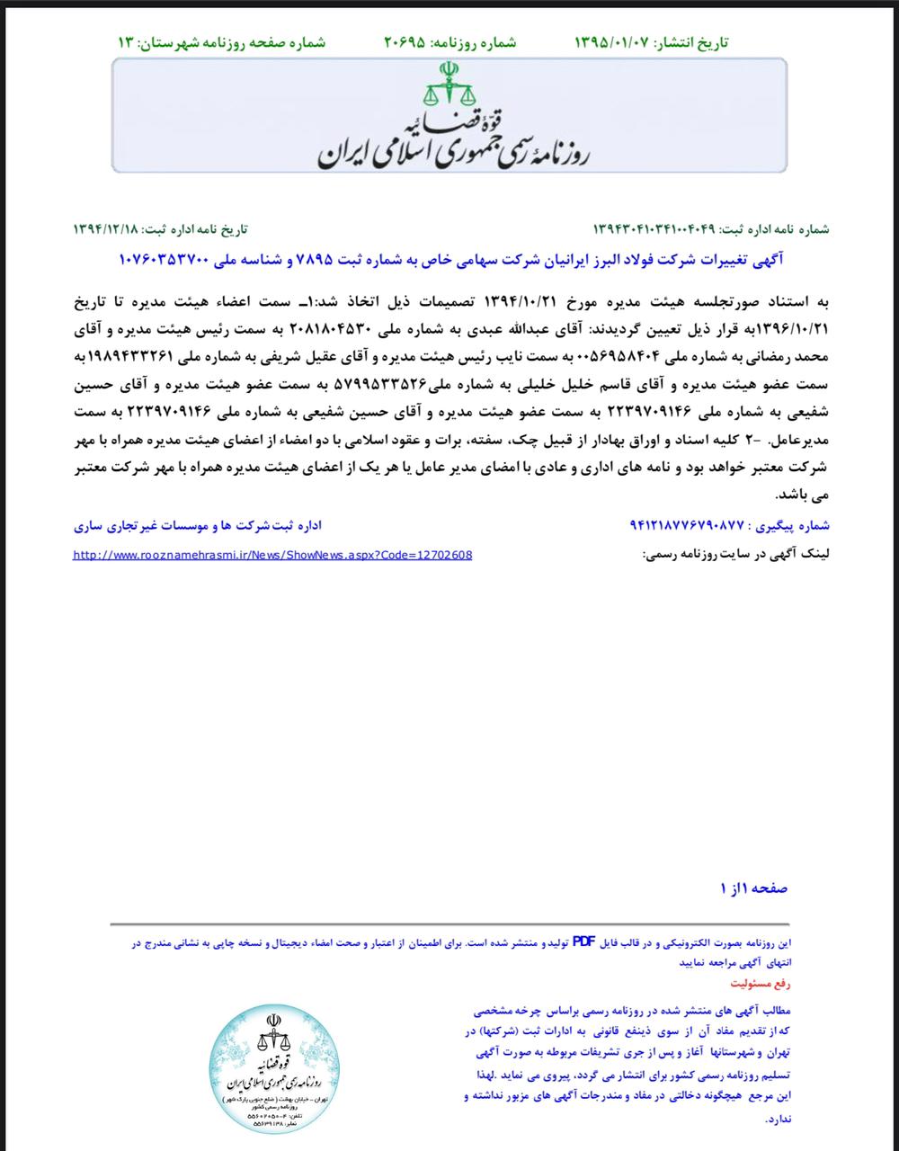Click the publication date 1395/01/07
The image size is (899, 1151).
[x=611, y=43]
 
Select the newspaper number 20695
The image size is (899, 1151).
[x=408, y=43]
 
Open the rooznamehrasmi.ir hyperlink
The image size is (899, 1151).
[x=273, y=555]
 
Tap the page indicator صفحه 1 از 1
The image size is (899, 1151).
[x=753, y=888]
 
